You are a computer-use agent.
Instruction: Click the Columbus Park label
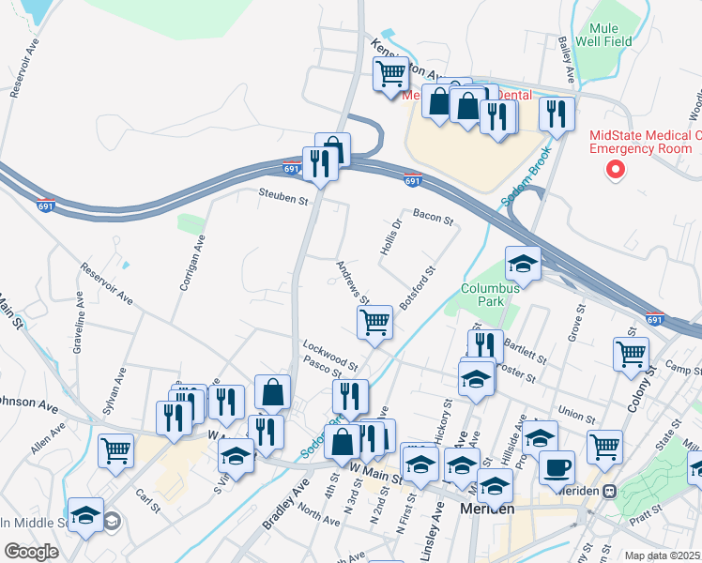click(488, 295)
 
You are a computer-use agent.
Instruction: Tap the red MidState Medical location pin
click(616, 170)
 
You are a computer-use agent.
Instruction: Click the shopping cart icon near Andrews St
click(374, 322)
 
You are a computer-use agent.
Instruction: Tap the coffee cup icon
click(557, 466)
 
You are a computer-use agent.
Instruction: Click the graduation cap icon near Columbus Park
click(523, 263)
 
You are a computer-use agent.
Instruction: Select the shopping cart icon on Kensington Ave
click(389, 72)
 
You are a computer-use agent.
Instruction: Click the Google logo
click(31, 552)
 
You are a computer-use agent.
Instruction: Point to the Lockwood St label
click(329, 353)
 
